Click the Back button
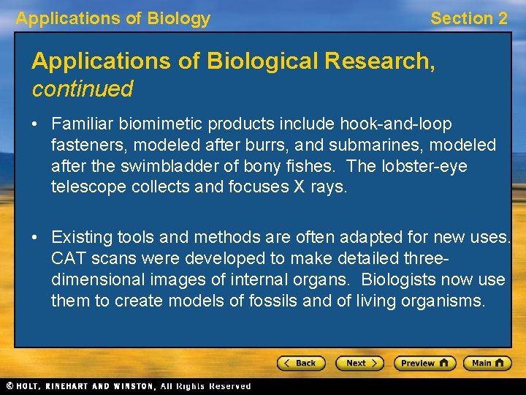[300, 363]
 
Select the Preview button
[424, 363]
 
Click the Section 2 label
[468, 19]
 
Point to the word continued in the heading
[82, 89]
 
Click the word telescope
[88, 187]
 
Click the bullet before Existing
[34, 238]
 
